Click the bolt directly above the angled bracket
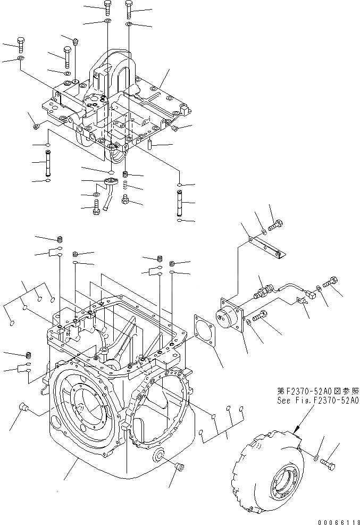tap(276, 226)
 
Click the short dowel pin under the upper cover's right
tap(150, 144)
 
